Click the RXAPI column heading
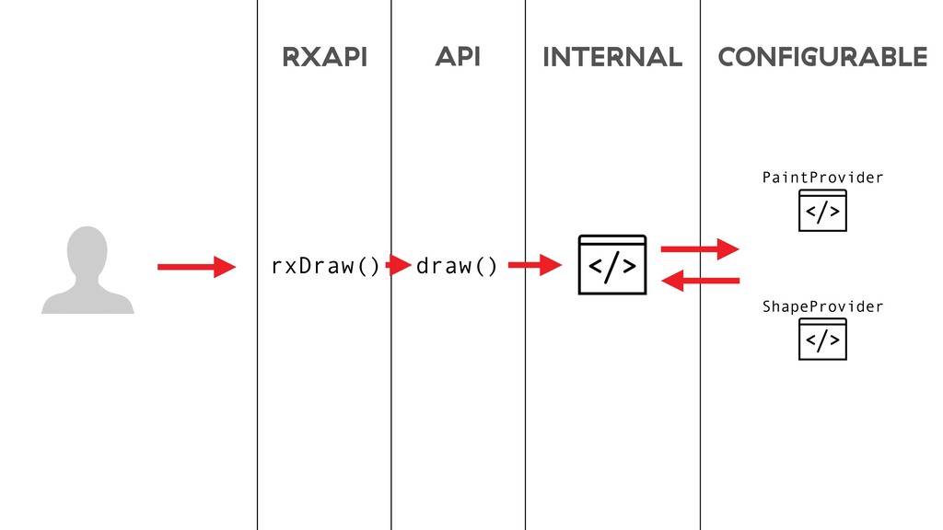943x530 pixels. (x=324, y=58)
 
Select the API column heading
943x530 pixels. (x=458, y=57)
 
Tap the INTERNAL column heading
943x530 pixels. (x=612, y=58)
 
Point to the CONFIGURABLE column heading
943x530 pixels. (x=822, y=58)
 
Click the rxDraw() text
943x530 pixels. (x=324, y=266)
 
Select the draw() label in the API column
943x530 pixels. (x=457, y=266)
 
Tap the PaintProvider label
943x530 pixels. (x=822, y=178)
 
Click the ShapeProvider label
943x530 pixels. (x=822, y=306)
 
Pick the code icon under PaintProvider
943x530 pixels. (x=822, y=212)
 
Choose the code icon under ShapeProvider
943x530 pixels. (x=822, y=340)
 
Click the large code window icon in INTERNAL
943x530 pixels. (x=612, y=265)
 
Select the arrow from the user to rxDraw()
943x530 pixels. (x=196, y=267)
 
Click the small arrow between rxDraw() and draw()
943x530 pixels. (x=398, y=266)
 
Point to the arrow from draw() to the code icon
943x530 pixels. (x=534, y=266)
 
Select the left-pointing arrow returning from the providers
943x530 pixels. (x=700, y=281)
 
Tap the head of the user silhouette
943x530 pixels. (x=87, y=250)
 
